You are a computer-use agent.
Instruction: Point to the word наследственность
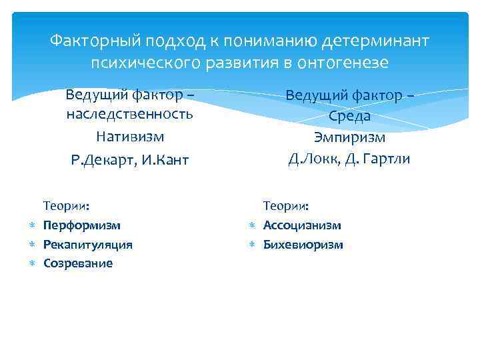click(130, 113)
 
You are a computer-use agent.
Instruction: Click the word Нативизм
click(130, 137)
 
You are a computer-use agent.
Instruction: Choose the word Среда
click(349, 117)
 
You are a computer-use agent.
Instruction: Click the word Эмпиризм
click(349, 138)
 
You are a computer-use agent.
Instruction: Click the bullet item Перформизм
click(82, 226)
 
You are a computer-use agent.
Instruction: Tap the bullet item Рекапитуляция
click(88, 245)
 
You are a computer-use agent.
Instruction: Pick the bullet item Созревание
click(78, 263)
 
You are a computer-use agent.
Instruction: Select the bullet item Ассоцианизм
click(302, 226)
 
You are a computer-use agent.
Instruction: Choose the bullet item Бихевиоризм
click(303, 245)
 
